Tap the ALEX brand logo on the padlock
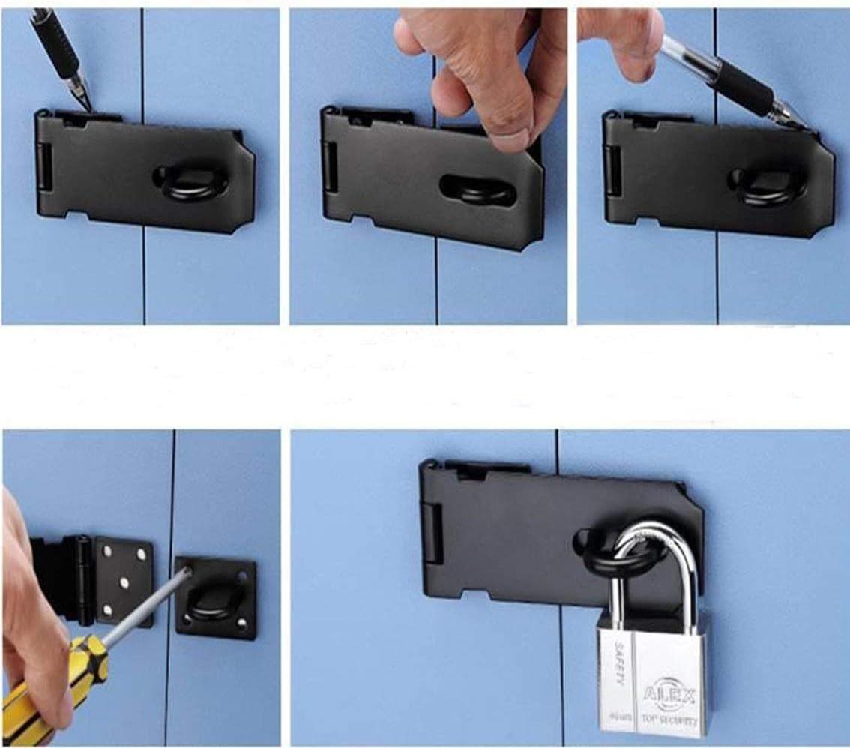point(670,690)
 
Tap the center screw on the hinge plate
point(124,582)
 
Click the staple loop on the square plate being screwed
point(212,600)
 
